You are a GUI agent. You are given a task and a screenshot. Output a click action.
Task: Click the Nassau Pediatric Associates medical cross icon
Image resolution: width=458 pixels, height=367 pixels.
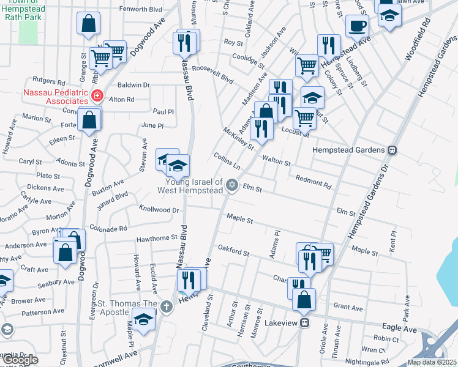point(97,95)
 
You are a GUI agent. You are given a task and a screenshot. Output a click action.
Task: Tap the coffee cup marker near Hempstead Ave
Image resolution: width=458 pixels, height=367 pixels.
point(357,26)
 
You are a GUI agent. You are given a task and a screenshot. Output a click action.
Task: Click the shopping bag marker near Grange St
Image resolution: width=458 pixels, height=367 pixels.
point(89,23)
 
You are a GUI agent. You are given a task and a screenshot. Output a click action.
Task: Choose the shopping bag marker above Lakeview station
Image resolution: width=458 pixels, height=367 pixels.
point(304,299)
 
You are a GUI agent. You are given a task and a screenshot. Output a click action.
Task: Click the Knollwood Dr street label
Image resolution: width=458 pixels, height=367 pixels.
point(159,209)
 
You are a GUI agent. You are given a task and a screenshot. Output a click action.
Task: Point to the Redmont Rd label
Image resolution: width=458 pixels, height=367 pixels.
point(313,181)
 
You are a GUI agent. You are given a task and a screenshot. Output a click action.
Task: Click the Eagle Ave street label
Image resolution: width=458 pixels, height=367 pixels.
point(401,329)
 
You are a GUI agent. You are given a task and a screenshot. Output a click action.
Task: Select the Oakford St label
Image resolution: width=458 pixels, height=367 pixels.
point(234,250)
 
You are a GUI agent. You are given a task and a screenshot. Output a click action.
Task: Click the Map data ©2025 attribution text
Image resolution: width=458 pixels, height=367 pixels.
point(431,362)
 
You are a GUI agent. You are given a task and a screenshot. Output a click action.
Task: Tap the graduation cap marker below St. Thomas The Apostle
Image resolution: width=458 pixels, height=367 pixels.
point(143,320)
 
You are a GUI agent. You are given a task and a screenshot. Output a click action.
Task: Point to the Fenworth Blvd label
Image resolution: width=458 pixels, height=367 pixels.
point(141,10)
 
